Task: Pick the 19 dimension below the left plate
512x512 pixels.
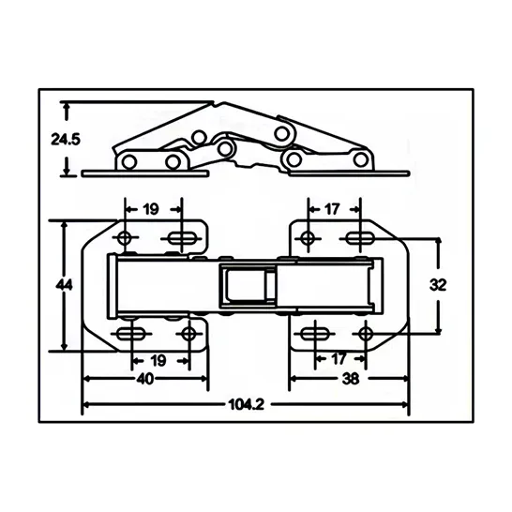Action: tap(158, 360)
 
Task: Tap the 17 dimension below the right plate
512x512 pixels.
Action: tap(338, 360)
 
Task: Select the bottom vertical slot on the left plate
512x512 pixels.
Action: tap(130, 335)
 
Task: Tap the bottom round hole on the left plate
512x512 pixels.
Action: tap(189, 334)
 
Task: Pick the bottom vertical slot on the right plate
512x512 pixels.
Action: tap(316, 335)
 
